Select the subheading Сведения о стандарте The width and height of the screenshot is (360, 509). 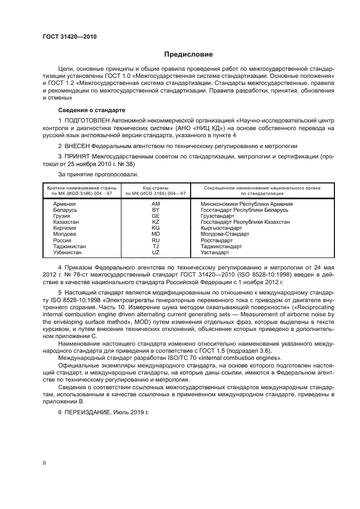(84, 110)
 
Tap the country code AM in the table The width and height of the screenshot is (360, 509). (155, 203)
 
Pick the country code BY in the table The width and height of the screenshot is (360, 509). (155, 209)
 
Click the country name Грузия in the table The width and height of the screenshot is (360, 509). (62, 216)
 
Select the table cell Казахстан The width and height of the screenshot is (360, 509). (66, 222)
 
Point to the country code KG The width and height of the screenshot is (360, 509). (155, 228)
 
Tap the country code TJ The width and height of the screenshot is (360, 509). (155, 246)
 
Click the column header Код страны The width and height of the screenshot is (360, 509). (155, 187)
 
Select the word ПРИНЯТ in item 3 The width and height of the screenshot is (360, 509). (80, 156)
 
